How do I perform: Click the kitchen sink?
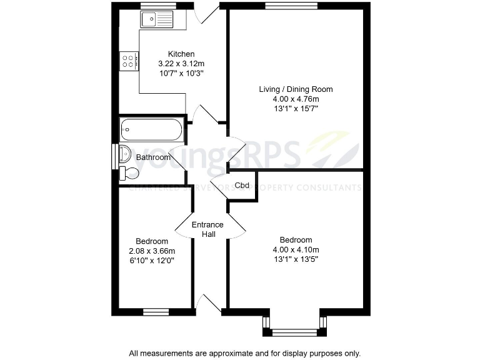tap(157, 21)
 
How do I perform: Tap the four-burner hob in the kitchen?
tap(129, 61)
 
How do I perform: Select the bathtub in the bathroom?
tap(151, 131)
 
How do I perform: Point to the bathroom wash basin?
tap(123, 152)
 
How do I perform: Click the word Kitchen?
tap(181, 54)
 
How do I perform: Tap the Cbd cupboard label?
tap(242, 186)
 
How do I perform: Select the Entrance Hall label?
tap(207, 229)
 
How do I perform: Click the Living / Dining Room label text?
tap(296, 89)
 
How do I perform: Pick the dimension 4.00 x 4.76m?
tap(296, 99)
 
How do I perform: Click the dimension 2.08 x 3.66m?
tap(152, 251)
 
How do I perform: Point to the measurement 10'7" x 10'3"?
tap(181, 73)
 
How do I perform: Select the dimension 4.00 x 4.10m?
tap(296, 249)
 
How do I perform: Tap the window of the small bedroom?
tap(152, 311)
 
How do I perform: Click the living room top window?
tap(282, 6)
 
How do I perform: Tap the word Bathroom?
tap(153, 157)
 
